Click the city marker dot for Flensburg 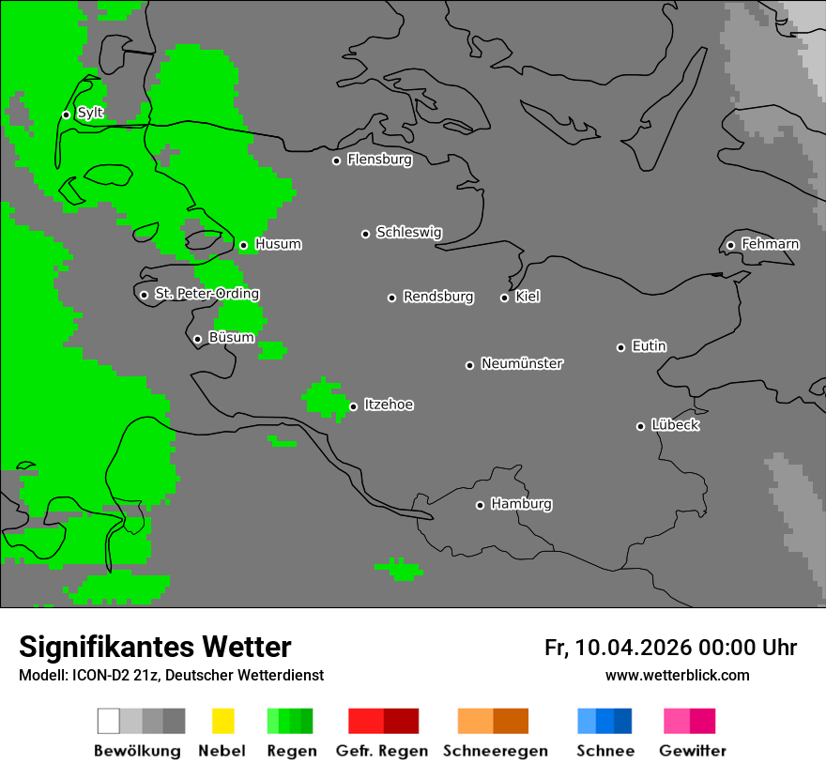[x=336, y=160]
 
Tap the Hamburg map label [x=521, y=504]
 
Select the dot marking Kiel [x=504, y=298]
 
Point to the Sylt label [x=90, y=114]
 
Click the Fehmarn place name [x=770, y=244]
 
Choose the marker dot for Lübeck [x=640, y=426]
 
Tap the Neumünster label [x=522, y=363]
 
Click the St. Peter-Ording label [x=206, y=294]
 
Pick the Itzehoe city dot [x=353, y=406]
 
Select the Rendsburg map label [x=438, y=297]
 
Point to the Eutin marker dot [x=620, y=347]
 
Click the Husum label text [x=278, y=244]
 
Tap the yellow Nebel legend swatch [x=222, y=721]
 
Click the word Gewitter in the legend [x=693, y=751]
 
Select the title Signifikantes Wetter [x=155, y=647]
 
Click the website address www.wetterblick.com [x=677, y=675]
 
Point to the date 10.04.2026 [x=634, y=648]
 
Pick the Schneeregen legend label [x=496, y=751]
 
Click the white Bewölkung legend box [x=108, y=721]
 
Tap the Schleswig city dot [x=365, y=234]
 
